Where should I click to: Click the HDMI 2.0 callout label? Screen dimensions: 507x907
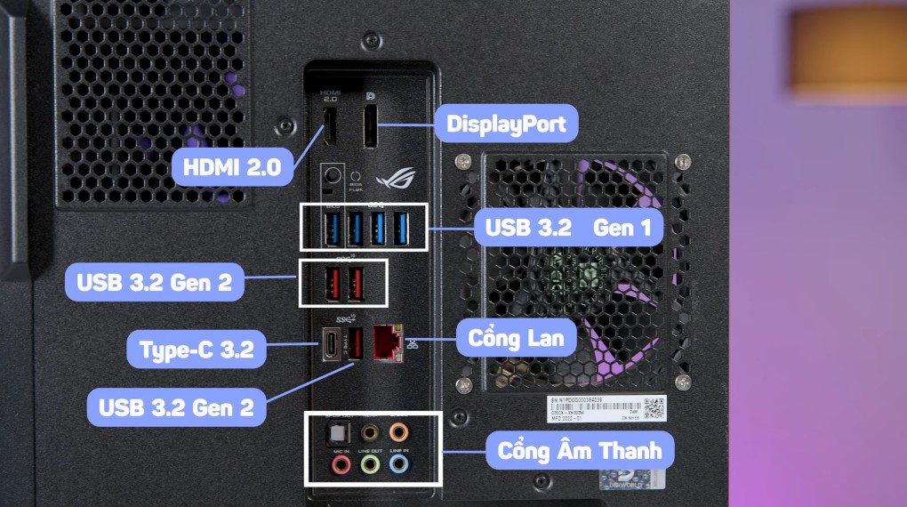pos(231,166)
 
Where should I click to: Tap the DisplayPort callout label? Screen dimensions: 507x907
pos(506,123)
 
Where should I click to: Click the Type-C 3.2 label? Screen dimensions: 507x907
pos(197,348)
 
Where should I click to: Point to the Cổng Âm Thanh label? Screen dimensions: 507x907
pos(580,449)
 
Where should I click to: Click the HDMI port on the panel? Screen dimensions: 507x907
pos(329,127)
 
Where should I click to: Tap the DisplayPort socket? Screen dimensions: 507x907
pos(371,126)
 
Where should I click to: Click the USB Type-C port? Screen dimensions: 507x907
pos(329,344)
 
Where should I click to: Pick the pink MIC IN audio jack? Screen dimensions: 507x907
pos(341,463)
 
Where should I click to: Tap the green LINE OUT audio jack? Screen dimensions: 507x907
pos(370,463)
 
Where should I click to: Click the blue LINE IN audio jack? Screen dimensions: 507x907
pos(398,463)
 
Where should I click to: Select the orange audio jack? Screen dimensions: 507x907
pos(398,432)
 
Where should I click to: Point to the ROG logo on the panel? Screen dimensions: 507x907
pos(390,179)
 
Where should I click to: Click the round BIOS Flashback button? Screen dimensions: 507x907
pos(333,174)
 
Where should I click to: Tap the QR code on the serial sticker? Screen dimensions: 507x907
pos(654,408)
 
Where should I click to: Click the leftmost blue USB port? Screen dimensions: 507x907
pos(331,228)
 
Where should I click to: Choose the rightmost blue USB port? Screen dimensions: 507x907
pos(401,228)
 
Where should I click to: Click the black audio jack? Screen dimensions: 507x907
pos(370,432)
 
